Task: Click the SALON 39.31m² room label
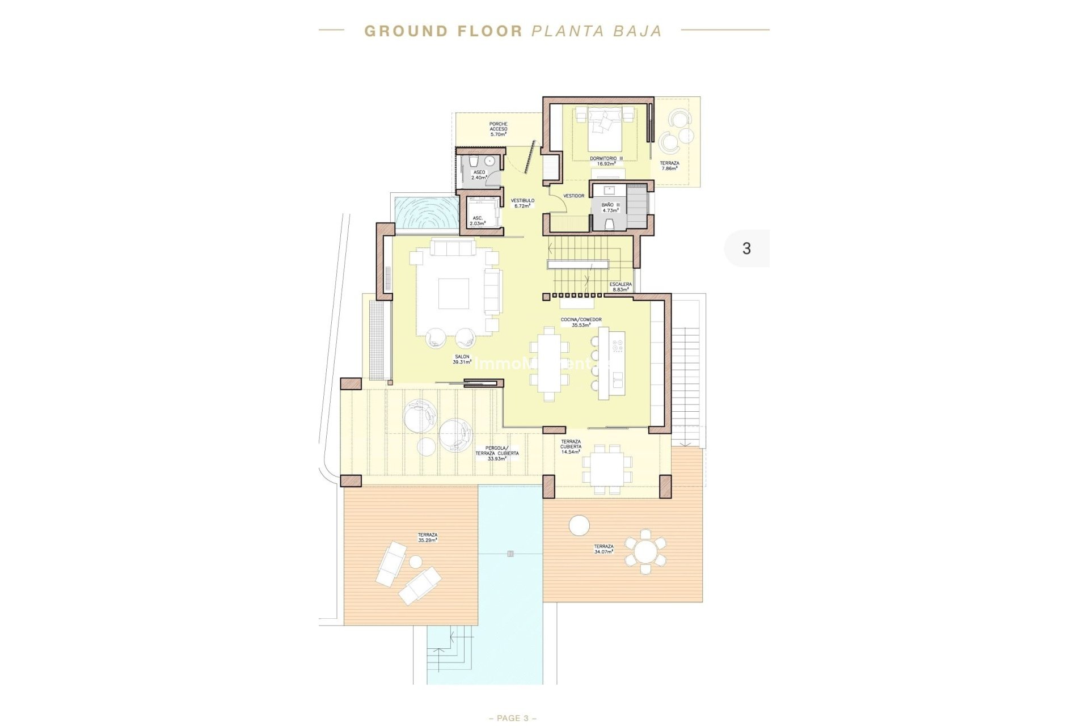462,359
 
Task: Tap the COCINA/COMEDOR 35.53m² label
581,322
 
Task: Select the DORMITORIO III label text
606,159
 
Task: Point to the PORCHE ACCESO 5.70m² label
498,129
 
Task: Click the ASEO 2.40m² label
479,175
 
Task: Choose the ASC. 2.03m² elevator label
478,221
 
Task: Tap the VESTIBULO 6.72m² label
522,203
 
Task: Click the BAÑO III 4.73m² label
610,208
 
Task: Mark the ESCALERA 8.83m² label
620,286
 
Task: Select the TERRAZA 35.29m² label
427,537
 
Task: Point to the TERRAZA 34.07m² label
603,548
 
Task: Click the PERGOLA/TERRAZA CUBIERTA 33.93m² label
496,453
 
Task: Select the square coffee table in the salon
453,293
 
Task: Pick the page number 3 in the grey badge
746,248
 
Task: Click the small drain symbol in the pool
510,554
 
